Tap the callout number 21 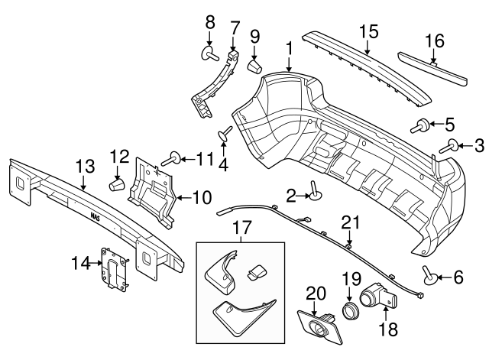point(349,222)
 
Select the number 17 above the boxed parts point(241,227)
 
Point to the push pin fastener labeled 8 point(209,54)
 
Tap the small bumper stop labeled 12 point(117,184)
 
